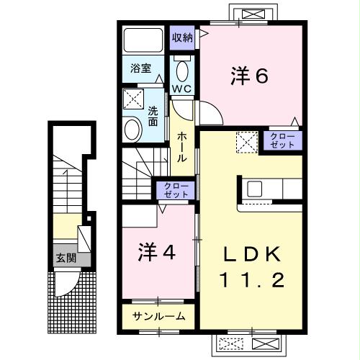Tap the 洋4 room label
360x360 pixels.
(157, 253)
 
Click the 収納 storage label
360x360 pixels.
(181, 37)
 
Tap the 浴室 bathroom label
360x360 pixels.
(140, 69)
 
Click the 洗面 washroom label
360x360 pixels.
(153, 117)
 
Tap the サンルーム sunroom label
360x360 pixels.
(159, 315)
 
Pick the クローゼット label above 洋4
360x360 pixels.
(173, 191)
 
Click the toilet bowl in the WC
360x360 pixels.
(181, 71)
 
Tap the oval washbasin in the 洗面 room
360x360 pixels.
(132, 130)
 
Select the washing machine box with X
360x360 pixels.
(132, 99)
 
